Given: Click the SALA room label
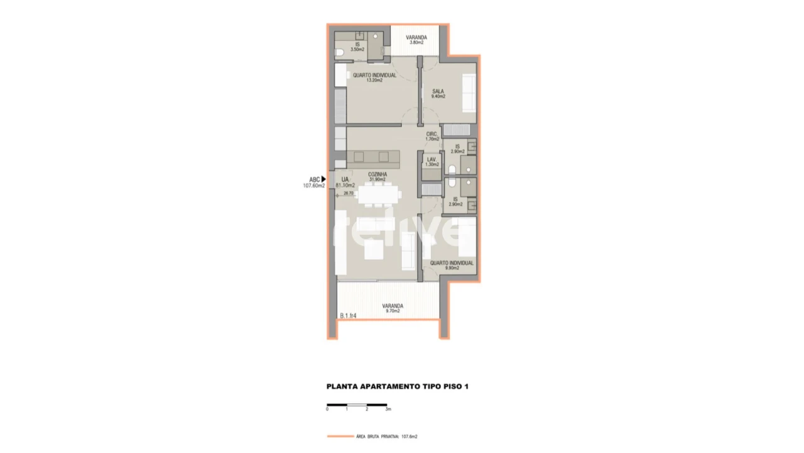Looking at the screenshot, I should (x=438, y=91).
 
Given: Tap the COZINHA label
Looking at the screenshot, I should (x=378, y=174).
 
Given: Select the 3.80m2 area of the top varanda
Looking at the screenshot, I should (x=416, y=43).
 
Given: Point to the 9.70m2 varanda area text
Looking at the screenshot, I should (x=393, y=311).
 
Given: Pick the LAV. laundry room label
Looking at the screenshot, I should (x=432, y=160).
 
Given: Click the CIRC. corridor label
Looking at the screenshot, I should (x=432, y=134).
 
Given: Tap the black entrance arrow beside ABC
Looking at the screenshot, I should (x=323, y=179).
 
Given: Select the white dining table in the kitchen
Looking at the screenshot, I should (x=379, y=194).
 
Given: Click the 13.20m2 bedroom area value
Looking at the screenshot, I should (x=374, y=81).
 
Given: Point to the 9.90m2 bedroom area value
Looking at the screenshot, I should (x=452, y=268).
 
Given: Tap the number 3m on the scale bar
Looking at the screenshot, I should (x=388, y=409).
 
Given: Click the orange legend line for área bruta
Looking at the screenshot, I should (x=340, y=436).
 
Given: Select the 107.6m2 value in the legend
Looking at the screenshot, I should (x=409, y=436).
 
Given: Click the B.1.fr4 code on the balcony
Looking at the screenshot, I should (x=348, y=316).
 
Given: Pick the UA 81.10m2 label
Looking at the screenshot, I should (x=345, y=182).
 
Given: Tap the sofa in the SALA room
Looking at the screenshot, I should (x=469, y=93).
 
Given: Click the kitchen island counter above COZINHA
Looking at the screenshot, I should (x=373, y=157).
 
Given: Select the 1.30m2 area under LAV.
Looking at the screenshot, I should (x=432, y=165).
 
